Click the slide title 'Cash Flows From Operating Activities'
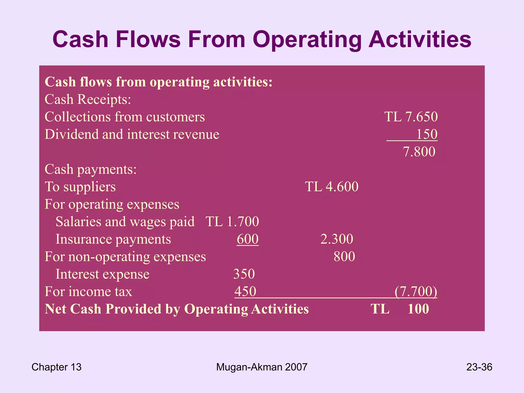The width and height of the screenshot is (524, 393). click(x=262, y=40)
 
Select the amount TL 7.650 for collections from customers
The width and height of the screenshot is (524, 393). click(x=411, y=117)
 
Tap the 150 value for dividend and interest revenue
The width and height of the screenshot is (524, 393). click(x=427, y=134)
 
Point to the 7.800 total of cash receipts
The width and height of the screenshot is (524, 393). click(x=419, y=151)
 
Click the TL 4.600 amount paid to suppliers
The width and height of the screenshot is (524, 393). click(x=332, y=187)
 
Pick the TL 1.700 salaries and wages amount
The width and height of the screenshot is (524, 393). click(x=232, y=221)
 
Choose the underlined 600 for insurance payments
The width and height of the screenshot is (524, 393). click(x=247, y=239)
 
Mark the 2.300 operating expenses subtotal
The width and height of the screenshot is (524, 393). click(x=337, y=239)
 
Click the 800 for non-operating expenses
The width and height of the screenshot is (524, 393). click(x=344, y=256)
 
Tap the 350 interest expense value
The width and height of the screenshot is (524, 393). click(x=244, y=274)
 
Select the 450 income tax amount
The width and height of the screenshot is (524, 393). click(x=245, y=291)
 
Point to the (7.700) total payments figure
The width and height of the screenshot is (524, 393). click(x=416, y=291)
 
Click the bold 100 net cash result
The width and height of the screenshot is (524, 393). click(x=418, y=309)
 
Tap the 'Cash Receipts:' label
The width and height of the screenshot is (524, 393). click(x=88, y=99)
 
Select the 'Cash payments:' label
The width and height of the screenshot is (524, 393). click(x=91, y=169)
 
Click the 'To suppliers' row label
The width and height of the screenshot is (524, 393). click(x=80, y=187)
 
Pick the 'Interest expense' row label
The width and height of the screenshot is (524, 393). click(x=102, y=274)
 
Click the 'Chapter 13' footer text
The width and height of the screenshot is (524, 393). click(x=56, y=367)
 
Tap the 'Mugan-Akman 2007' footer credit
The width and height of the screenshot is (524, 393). click(x=261, y=367)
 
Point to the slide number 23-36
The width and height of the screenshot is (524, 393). click(x=479, y=367)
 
